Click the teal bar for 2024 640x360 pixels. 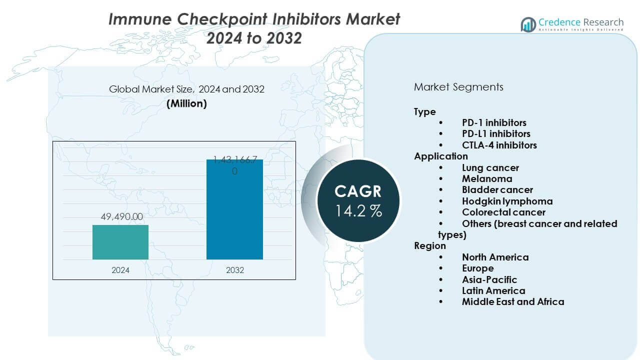click(x=120, y=242)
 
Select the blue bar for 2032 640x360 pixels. click(x=234, y=210)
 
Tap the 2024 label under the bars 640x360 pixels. click(x=120, y=270)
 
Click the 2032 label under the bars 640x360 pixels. click(x=234, y=270)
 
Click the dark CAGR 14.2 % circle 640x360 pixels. click(x=358, y=200)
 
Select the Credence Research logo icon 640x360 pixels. click(x=528, y=24)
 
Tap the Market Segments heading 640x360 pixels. click(x=458, y=87)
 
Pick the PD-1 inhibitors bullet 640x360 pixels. click(x=494, y=122)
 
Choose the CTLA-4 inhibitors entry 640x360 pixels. click(x=499, y=145)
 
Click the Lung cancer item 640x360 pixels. click(x=490, y=167)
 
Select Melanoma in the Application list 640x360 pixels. click(x=487, y=178)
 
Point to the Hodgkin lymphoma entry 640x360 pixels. click(x=507, y=201)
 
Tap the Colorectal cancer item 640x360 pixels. click(x=503, y=212)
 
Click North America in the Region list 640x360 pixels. click(x=495, y=257)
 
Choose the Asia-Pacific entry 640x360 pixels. click(x=489, y=279)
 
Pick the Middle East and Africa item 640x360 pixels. click(x=513, y=301)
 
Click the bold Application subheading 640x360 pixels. click(x=440, y=156)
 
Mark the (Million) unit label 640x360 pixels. click(x=186, y=103)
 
